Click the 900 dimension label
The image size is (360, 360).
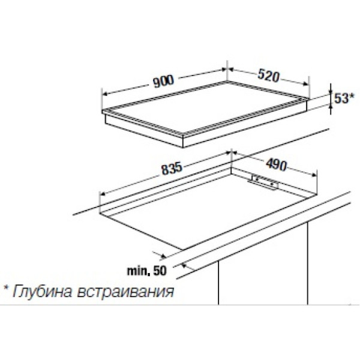(x=164, y=81)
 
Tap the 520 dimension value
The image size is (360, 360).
(x=268, y=76)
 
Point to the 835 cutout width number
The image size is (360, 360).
(x=172, y=168)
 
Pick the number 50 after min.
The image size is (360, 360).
(x=160, y=271)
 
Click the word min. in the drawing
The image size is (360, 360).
(x=139, y=271)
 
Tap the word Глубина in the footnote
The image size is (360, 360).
(x=42, y=292)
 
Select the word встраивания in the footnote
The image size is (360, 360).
(x=125, y=292)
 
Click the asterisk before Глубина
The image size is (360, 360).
(x=6, y=288)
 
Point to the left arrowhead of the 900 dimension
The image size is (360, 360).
(x=105, y=94)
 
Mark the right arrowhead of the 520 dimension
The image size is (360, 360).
(x=305, y=84)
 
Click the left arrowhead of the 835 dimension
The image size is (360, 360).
(x=103, y=194)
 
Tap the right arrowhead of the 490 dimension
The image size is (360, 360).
(x=314, y=175)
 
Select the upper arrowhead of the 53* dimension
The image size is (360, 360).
(x=331, y=91)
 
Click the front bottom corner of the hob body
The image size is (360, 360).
(x=183, y=148)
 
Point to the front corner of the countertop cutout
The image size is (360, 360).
(x=183, y=250)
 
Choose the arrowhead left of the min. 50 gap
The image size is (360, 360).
(x=163, y=256)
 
